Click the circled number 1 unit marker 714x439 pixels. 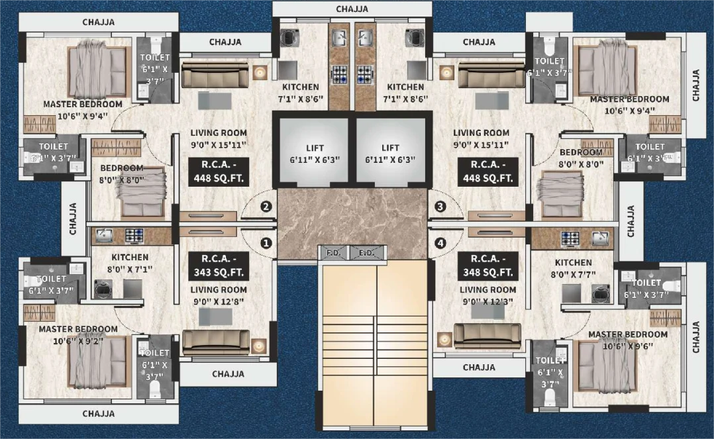266,243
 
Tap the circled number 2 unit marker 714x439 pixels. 266,207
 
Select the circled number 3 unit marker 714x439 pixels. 440,207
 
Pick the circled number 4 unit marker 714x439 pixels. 440,243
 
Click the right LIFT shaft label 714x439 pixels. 390,153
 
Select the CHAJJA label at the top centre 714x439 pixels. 352,9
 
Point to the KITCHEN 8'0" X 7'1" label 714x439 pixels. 130,263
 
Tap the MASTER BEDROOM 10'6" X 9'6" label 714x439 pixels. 627,340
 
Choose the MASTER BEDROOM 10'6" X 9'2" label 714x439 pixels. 78,334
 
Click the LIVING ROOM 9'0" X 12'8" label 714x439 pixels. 219,295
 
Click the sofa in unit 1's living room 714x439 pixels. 216,342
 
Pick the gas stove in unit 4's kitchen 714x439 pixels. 570,237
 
